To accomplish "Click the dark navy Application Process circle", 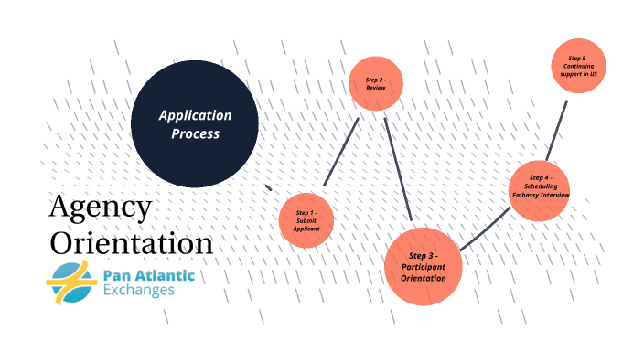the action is (194, 123).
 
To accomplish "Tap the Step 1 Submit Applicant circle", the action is (306, 220).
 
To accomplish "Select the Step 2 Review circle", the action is (376, 84).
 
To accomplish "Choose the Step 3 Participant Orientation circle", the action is (423, 266).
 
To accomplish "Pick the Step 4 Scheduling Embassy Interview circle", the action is (540, 189).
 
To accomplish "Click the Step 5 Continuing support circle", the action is (580, 66).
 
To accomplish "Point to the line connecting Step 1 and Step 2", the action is (341, 152).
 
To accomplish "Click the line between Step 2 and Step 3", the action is (398, 169).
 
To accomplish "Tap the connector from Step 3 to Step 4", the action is (485, 229).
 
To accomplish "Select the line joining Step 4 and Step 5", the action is (557, 129).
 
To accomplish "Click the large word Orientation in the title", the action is (131, 244).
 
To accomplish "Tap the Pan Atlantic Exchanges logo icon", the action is (71, 282).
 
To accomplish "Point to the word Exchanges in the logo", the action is (139, 291).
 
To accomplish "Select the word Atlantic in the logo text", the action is (166, 274).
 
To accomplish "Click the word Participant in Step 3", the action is (423, 266).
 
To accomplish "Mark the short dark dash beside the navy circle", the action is (268, 187).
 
